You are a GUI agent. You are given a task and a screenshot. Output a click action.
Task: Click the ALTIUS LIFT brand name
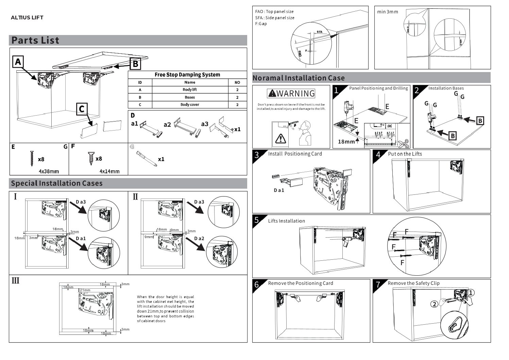(x=27, y=18)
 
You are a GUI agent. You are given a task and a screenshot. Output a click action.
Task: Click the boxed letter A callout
(x=18, y=62)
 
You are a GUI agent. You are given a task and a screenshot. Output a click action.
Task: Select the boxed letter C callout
(x=82, y=109)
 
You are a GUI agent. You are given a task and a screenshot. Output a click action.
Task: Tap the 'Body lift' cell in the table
(x=190, y=90)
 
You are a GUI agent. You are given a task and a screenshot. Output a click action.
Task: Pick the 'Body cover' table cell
(x=190, y=105)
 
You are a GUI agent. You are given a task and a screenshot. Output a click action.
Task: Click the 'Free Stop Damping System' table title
(x=187, y=75)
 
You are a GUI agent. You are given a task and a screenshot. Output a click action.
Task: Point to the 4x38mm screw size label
(x=49, y=171)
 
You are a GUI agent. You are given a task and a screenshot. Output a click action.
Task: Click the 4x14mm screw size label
(x=109, y=171)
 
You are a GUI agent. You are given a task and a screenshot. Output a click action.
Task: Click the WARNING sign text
(x=291, y=93)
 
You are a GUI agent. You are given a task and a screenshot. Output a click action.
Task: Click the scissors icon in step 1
(x=404, y=144)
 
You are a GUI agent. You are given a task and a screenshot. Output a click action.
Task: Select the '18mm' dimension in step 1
(x=346, y=141)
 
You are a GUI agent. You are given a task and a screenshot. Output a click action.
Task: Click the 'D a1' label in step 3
(x=279, y=190)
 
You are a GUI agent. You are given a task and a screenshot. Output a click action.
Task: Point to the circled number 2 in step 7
(x=434, y=304)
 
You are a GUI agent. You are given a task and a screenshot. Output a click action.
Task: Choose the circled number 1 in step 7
(x=471, y=293)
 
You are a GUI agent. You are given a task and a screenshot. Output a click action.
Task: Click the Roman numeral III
(x=16, y=281)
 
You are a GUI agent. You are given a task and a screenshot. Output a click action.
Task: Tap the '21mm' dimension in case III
(x=85, y=290)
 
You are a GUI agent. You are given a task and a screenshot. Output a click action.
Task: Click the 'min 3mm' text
(x=387, y=12)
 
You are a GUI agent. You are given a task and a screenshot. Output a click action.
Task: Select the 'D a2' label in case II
(x=199, y=238)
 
